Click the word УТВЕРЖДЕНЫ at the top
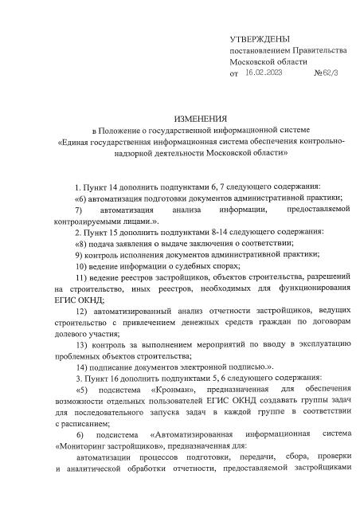point(260,39)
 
